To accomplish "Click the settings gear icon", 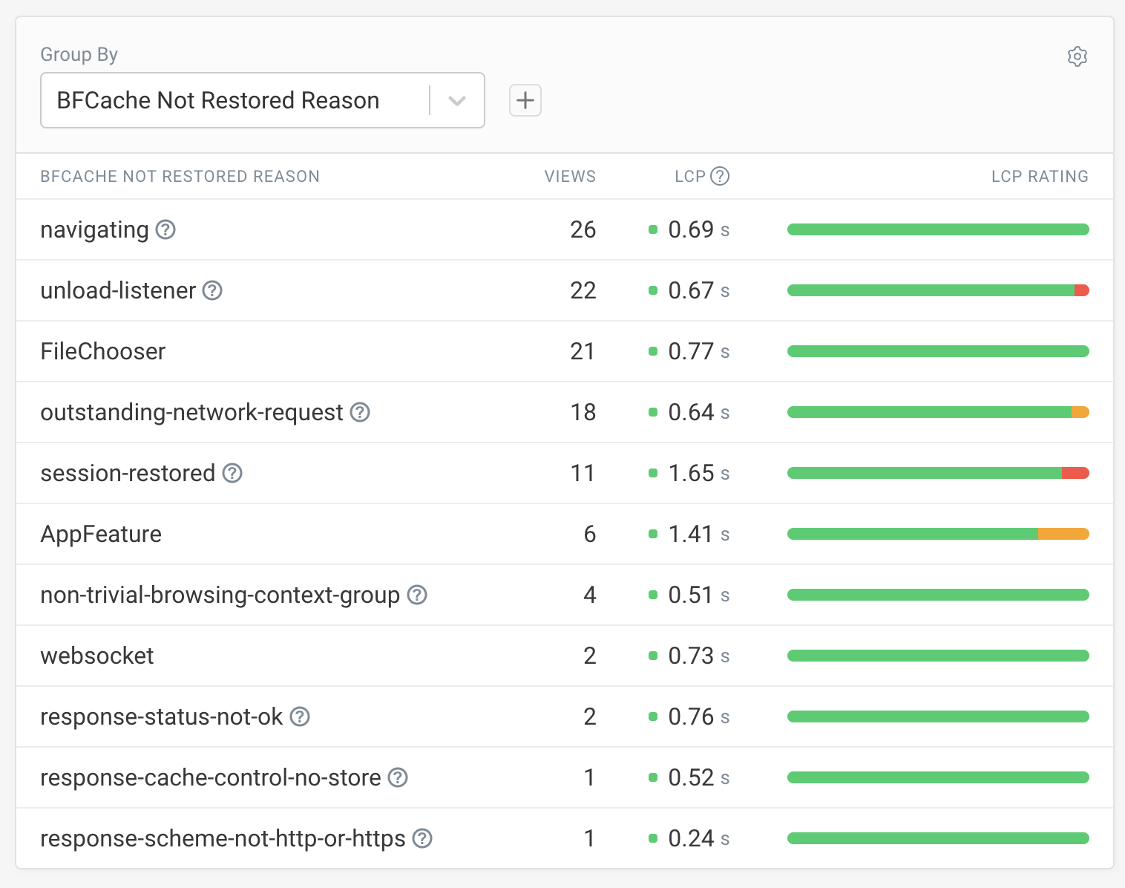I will click(x=1077, y=56).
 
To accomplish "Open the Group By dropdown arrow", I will click(x=457, y=101).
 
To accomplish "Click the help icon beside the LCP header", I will click(x=720, y=176).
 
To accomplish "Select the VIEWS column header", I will click(x=570, y=176).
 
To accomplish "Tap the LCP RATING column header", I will click(x=1040, y=176).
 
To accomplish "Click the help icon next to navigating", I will click(x=165, y=229).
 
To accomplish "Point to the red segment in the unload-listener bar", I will click(x=1082, y=290).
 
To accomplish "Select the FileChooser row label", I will click(x=103, y=351).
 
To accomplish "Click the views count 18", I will click(x=583, y=412).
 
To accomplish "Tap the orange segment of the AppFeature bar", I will click(x=1063, y=534).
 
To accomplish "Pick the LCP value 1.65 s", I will click(x=698, y=473).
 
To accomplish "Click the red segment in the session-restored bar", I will click(x=1075, y=473).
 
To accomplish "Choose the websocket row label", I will click(x=97, y=656).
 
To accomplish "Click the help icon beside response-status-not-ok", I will click(x=300, y=716).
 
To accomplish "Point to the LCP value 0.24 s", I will click(x=698, y=838).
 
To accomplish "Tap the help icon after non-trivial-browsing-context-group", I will click(x=417, y=595).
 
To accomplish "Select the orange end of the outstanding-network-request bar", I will click(x=1080, y=412).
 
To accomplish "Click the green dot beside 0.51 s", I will click(x=653, y=595).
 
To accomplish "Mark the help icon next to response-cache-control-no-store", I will click(x=398, y=777).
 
